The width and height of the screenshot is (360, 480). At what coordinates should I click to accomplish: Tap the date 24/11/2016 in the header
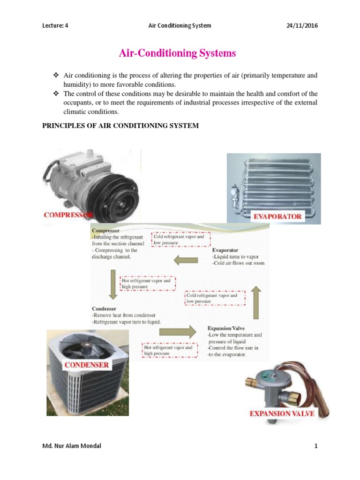(302, 25)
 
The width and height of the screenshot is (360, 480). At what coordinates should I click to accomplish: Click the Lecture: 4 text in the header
(56, 25)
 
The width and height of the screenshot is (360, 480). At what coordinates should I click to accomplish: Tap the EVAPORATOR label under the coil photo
(278, 217)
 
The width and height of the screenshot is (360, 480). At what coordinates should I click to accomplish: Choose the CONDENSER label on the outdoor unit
(87, 364)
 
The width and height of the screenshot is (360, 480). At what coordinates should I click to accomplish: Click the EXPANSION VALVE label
(282, 413)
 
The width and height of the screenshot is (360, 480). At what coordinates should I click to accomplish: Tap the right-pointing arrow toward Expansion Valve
(178, 332)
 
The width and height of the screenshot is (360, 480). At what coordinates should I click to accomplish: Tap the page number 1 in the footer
(316, 446)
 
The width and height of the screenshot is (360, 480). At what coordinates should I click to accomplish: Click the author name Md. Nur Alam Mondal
(71, 446)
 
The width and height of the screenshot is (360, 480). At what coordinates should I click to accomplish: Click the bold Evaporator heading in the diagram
(226, 250)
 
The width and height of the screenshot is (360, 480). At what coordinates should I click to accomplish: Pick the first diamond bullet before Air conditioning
(55, 75)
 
